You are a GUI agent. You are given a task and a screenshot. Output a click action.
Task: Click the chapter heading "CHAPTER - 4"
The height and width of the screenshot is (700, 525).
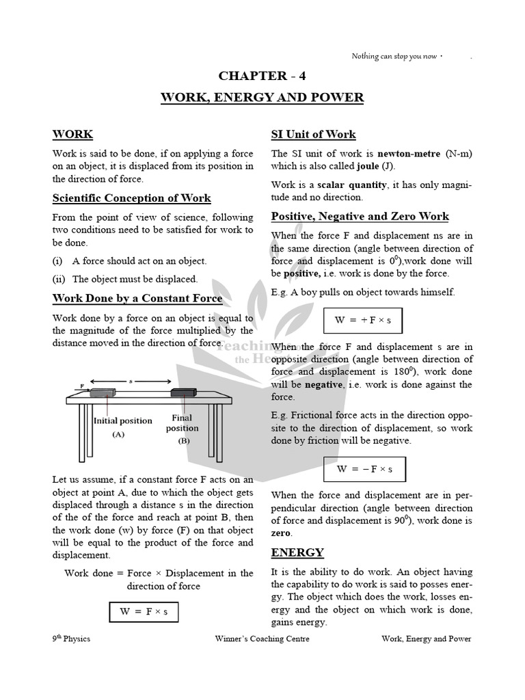[x=262, y=76]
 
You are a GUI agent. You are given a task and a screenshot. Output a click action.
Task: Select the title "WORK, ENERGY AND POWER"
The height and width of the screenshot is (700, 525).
[x=262, y=98]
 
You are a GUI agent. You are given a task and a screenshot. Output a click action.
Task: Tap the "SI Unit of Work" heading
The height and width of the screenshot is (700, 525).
[x=313, y=135]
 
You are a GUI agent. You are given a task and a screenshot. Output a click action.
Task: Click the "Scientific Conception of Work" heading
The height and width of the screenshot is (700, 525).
[x=131, y=198]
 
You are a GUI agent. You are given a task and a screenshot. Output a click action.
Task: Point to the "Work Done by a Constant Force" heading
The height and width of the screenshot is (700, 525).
[x=137, y=299]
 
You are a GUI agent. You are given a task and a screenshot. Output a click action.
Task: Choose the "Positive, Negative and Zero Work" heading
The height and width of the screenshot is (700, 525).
[x=360, y=217]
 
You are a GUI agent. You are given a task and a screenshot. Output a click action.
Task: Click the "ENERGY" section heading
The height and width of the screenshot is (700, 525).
[x=297, y=552]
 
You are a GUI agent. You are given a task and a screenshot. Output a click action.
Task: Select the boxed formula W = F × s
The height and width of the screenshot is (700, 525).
[x=144, y=612]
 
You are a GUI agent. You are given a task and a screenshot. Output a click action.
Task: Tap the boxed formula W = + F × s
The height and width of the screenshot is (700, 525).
[x=362, y=320]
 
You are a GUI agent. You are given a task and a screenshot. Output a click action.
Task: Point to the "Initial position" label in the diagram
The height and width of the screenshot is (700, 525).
[x=122, y=421]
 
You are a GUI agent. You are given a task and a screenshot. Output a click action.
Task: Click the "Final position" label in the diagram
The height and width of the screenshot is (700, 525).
[x=182, y=422]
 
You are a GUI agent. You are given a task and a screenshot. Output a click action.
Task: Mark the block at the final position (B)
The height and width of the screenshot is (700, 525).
[x=183, y=392]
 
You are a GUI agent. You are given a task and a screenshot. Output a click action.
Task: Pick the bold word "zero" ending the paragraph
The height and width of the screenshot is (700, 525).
[x=281, y=533]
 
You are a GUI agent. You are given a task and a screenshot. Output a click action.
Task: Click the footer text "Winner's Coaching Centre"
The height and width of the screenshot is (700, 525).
[x=262, y=639]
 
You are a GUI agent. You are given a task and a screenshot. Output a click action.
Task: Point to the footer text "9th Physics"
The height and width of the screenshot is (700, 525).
[x=71, y=639]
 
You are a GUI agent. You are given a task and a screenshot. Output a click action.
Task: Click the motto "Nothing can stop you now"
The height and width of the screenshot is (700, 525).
[x=394, y=56]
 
